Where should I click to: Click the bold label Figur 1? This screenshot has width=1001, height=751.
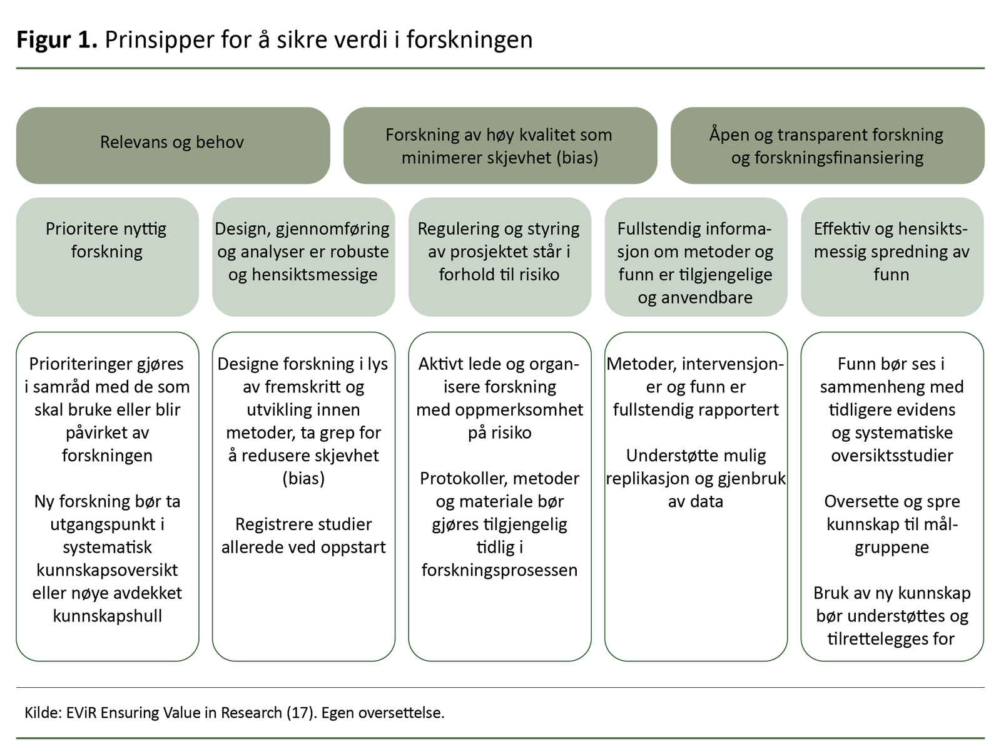point(56,39)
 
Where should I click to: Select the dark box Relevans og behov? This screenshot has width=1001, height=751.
point(173,145)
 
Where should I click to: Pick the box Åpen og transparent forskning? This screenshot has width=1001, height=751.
point(827,145)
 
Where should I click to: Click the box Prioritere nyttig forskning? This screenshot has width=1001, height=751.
point(107,257)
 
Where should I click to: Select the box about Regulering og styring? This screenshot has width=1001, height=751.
point(499,257)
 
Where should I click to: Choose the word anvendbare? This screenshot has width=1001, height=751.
point(695,297)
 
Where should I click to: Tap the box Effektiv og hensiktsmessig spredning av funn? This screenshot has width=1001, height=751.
point(892,257)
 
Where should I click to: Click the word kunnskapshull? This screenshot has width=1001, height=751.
point(107,616)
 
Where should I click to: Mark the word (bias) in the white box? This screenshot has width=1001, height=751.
point(303,479)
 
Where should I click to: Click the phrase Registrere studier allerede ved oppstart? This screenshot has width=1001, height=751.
point(303,536)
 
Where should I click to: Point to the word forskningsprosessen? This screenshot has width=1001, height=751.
point(499,570)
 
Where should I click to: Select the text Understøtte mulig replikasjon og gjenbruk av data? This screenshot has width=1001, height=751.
point(695,478)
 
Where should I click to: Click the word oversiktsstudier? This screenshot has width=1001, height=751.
point(892,456)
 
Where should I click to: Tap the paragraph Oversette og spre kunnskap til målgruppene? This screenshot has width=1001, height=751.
point(892,524)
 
